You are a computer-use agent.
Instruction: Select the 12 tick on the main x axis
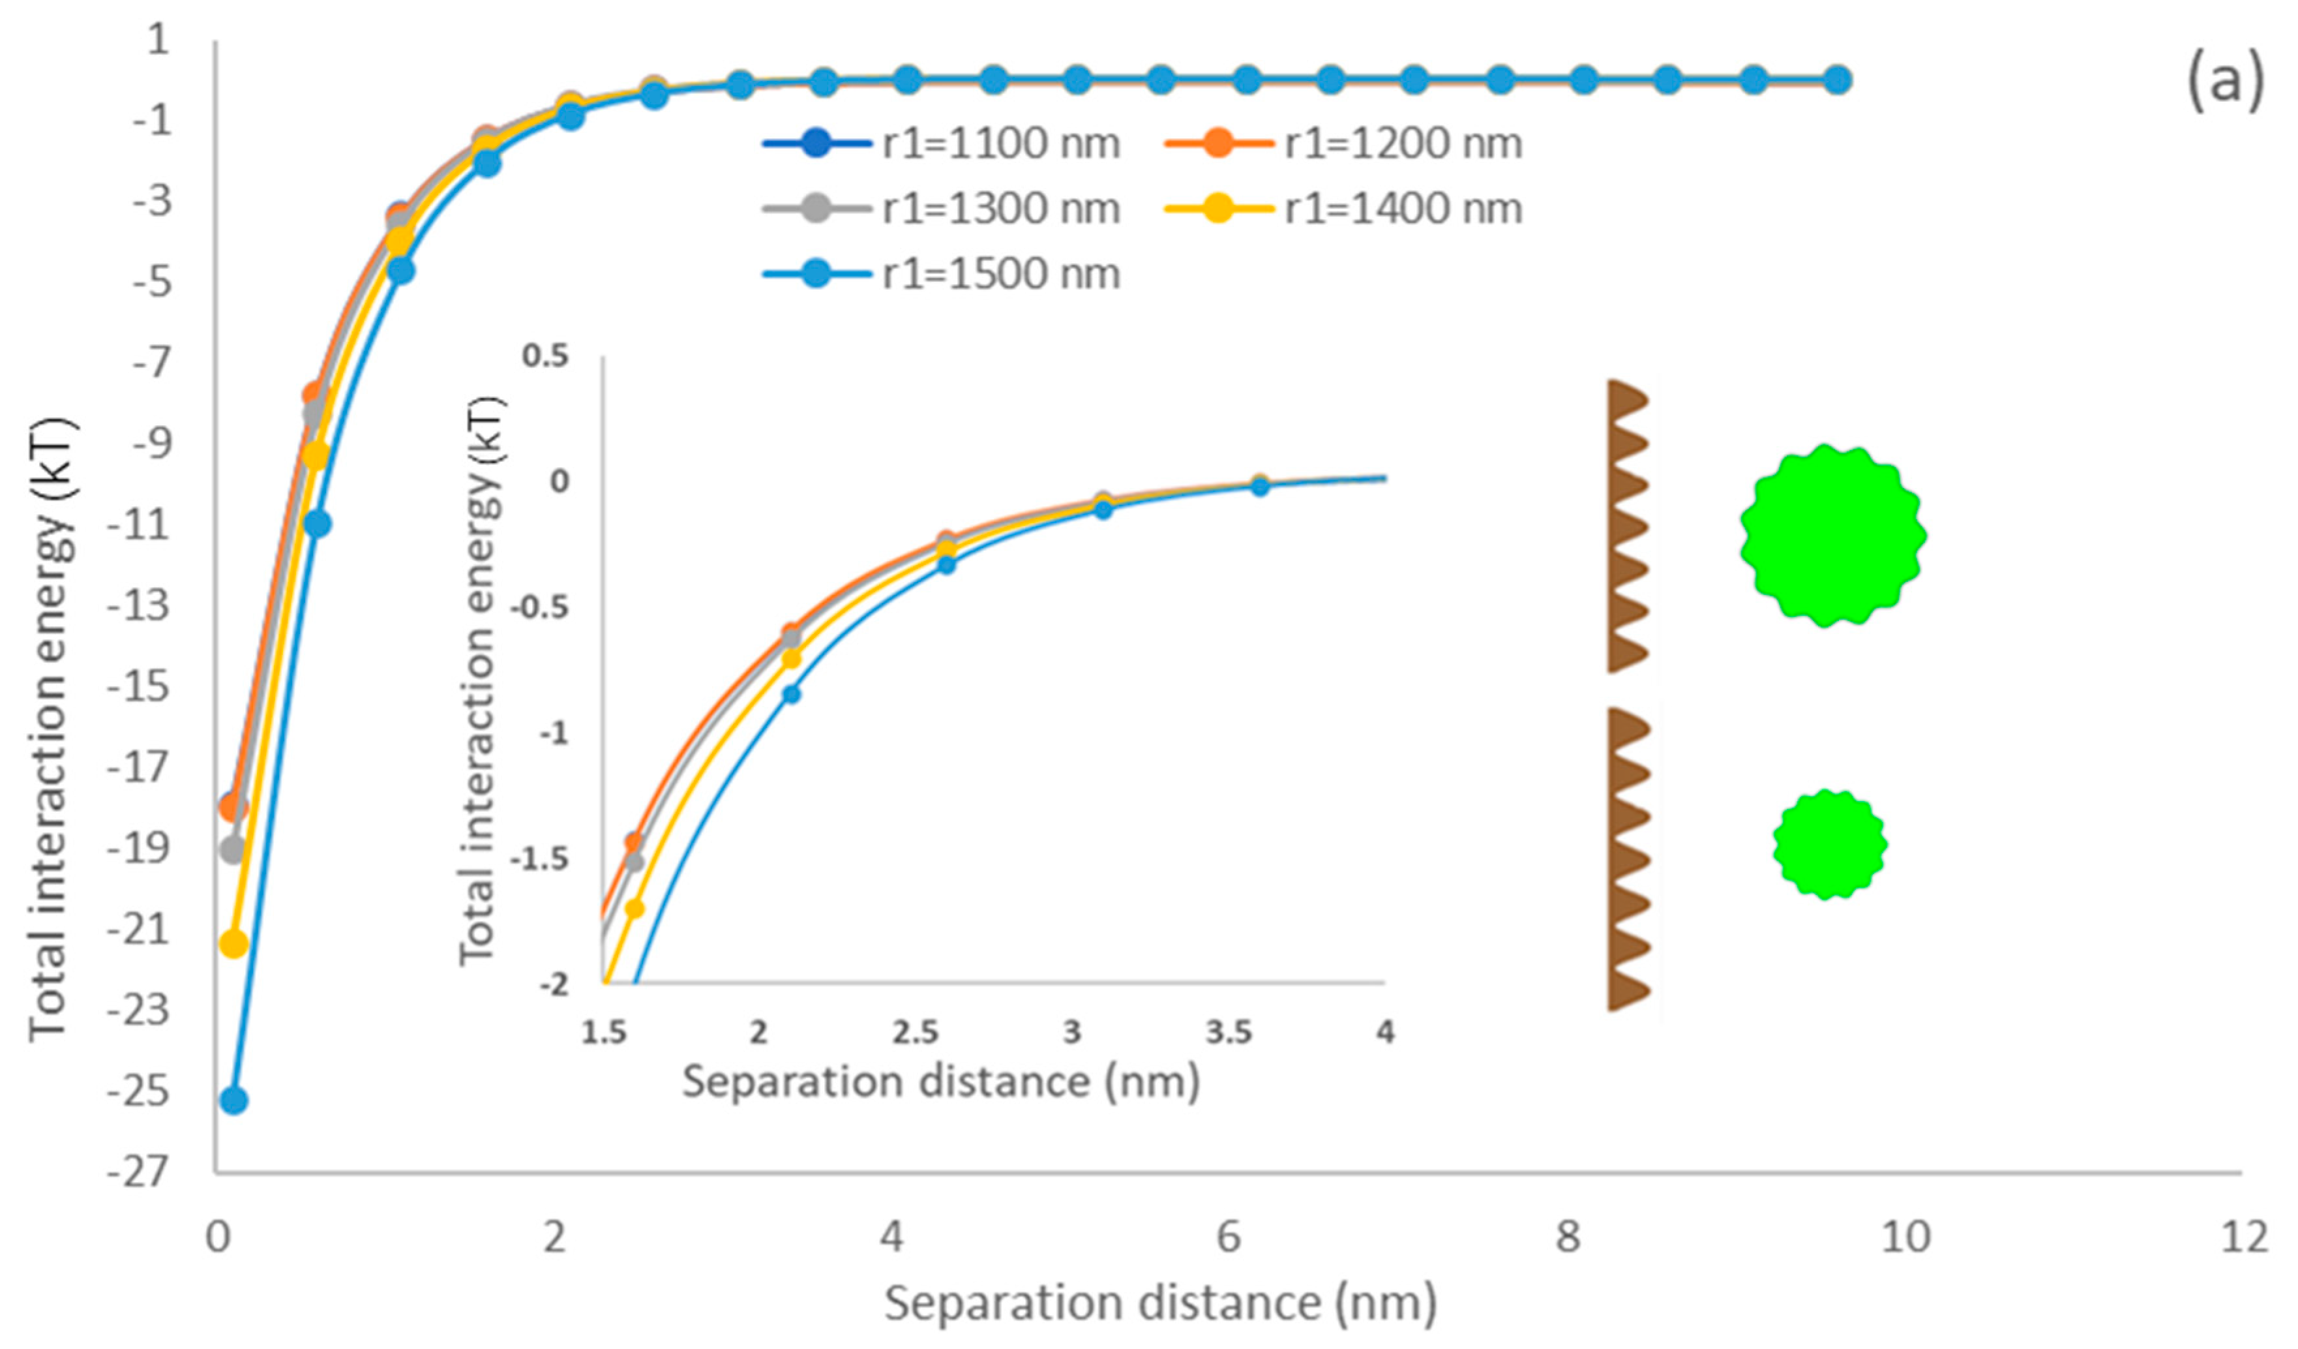tap(2243, 1237)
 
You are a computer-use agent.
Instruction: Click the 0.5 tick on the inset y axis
tap(545, 356)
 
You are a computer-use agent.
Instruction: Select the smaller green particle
tap(1829, 843)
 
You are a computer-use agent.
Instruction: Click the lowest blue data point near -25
tap(234, 1101)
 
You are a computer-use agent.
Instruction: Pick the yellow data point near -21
tap(234, 944)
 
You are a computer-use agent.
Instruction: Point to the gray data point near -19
tap(233, 850)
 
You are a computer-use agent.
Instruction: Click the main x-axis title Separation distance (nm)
tap(1160, 1303)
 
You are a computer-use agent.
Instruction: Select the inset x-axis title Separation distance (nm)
tap(940, 1082)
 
